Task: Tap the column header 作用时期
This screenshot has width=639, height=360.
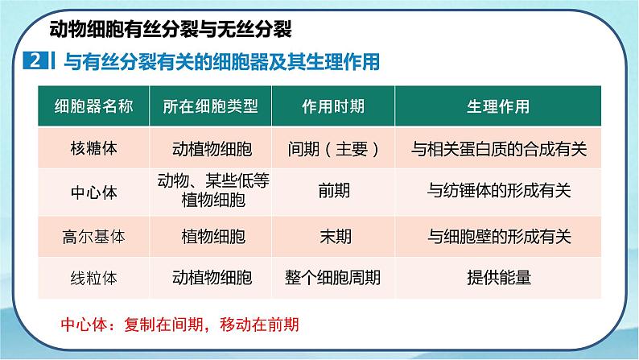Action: [x=332, y=106]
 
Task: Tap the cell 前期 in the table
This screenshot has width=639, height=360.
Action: [x=333, y=192]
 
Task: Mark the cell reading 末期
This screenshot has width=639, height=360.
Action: [x=333, y=237]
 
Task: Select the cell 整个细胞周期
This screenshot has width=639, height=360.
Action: [x=333, y=278]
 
